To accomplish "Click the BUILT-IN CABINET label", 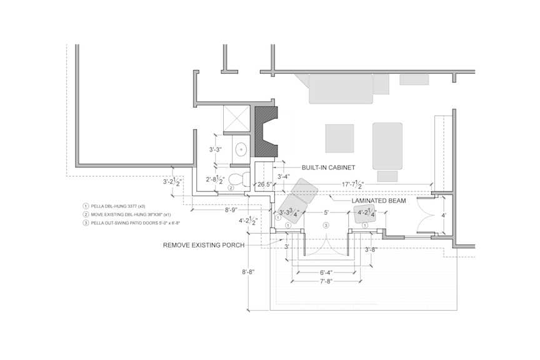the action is (328, 167).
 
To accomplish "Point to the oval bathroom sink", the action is (240, 149).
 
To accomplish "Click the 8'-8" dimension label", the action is (247, 272).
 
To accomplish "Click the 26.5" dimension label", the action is (265, 184).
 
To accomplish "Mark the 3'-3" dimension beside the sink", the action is (216, 149).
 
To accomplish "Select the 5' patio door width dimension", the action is (325, 212).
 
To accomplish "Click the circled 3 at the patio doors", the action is (325, 225).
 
